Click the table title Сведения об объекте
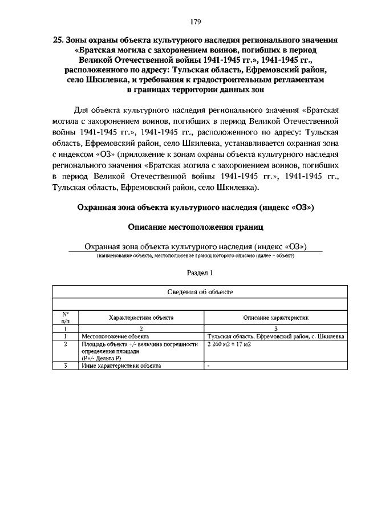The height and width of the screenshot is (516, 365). [200, 292]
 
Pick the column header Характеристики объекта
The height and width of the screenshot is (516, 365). [141, 318]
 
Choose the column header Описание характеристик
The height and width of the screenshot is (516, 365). [276, 318]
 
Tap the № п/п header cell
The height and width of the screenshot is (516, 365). [66, 318]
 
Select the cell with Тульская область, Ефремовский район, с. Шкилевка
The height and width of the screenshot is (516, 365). [276, 337]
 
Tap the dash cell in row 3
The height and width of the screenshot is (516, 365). [209, 366]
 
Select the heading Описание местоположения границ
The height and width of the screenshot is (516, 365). [196, 227]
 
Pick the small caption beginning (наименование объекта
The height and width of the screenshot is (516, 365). [195, 256]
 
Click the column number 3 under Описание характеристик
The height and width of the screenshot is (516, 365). [276, 329]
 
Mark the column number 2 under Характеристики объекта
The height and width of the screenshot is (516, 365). [141, 329]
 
